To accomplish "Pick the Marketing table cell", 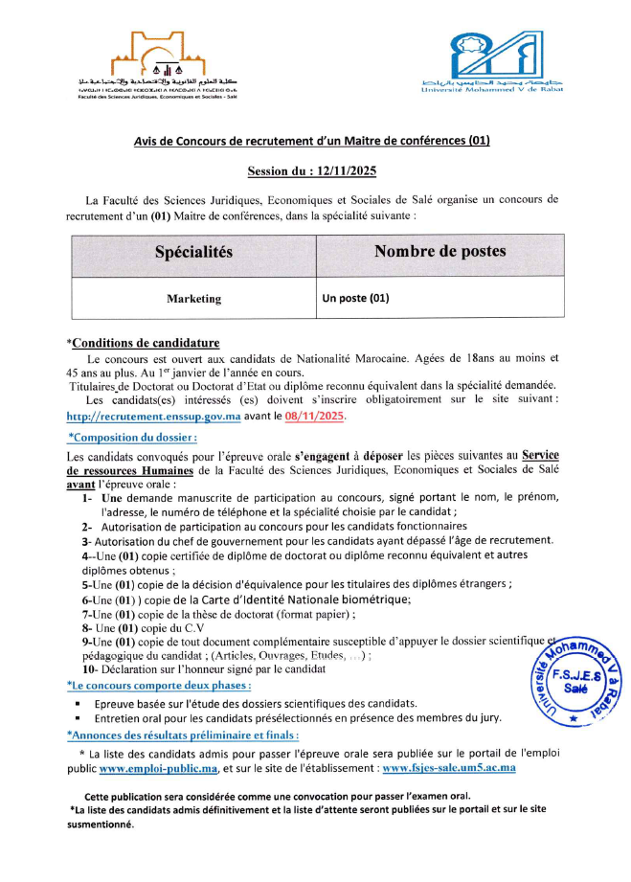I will (193, 299).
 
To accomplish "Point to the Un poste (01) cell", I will (356, 298).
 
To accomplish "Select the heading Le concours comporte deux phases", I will (160, 685).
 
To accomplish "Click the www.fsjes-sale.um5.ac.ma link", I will (448, 768).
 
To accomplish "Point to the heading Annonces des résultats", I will (182, 735).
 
